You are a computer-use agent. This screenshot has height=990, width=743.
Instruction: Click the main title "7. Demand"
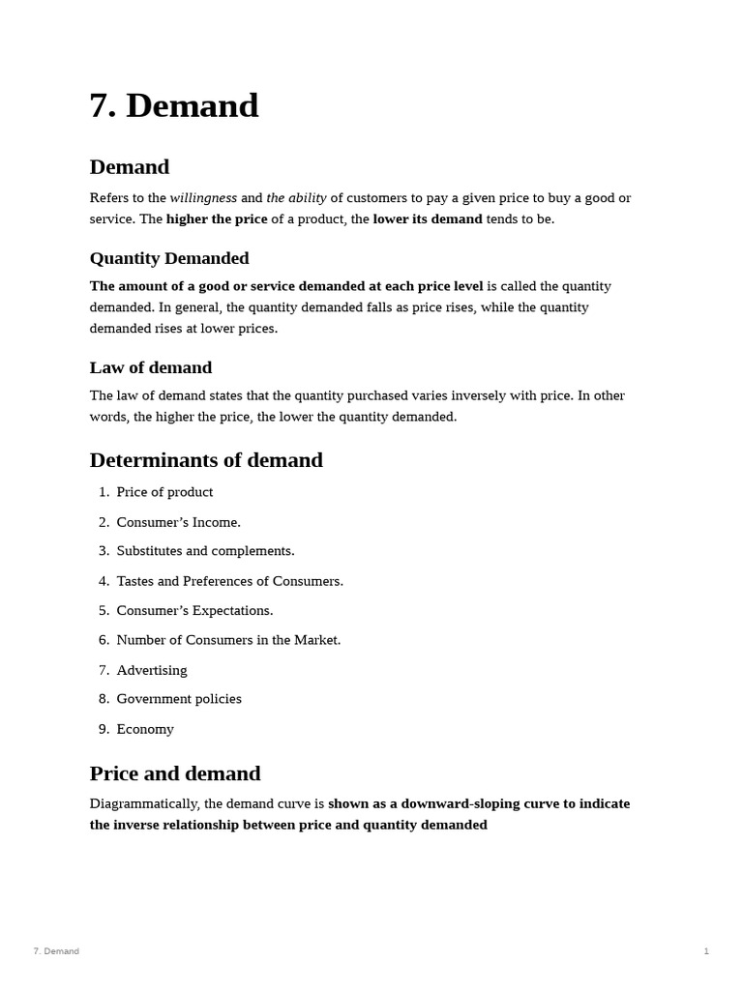[174, 105]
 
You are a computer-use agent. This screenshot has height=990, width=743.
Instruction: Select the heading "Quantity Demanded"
[169, 258]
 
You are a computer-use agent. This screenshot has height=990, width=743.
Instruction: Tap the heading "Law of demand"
[151, 367]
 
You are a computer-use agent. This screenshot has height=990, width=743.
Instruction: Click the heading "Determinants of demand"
[206, 460]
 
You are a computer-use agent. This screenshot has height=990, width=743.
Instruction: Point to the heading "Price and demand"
[175, 773]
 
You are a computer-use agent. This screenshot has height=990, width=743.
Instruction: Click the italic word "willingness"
[203, 198]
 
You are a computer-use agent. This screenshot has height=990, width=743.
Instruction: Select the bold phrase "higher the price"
[217, 219]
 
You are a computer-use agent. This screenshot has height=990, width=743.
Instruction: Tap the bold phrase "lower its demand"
[428, 219]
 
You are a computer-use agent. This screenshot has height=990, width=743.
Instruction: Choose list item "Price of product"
[164, 492]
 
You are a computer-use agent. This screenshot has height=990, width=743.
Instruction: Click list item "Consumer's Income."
[178, 522]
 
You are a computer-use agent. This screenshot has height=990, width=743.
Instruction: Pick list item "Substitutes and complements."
[205, 551]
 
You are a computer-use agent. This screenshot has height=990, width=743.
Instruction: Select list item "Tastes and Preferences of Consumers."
[229, 581]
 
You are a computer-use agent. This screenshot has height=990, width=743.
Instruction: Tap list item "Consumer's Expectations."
[194, 611]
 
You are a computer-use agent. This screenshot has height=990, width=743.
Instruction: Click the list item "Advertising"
[152, 670]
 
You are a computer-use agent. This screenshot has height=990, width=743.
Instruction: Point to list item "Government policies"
[179, 699]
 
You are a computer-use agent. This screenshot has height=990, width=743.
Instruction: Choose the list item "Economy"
[145, 729]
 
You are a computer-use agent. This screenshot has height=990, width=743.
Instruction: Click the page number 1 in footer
[706, 951]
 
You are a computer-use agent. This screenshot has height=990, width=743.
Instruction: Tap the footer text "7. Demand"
[56, 951]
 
